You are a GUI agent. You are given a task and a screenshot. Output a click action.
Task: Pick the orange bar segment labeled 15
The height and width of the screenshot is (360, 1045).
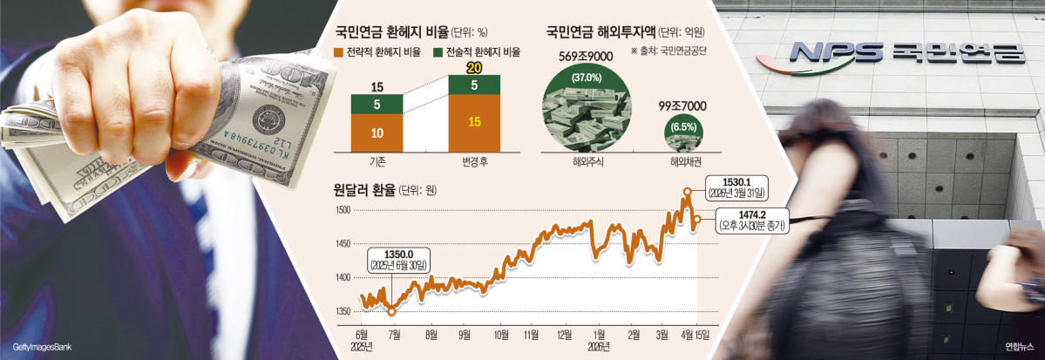(x=475, y=121)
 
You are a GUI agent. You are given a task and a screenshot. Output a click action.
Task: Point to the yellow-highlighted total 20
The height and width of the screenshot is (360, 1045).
(x=474, y=69)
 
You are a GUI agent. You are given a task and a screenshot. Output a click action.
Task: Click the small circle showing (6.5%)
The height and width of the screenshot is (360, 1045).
(x=682, y=128)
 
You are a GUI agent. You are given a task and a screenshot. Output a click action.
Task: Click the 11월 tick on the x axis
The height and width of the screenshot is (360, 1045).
(x=531, y=334)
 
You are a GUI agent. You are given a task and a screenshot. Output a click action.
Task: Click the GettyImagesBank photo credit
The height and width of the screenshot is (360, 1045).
(x=37, y=347)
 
